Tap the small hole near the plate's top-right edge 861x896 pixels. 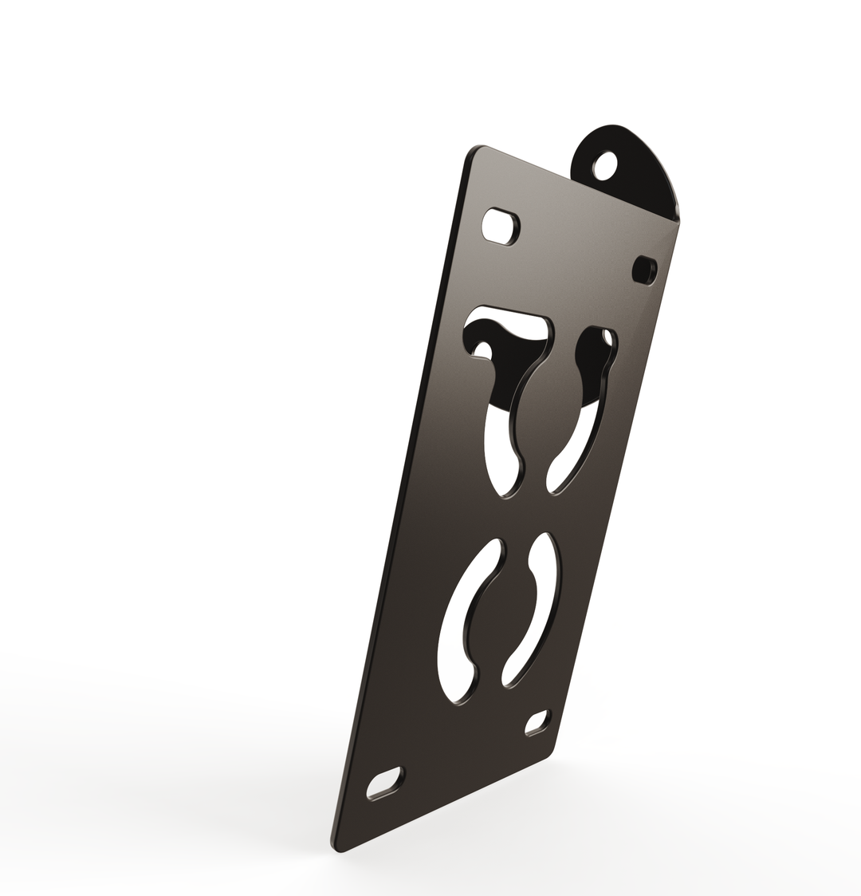pos(643,269)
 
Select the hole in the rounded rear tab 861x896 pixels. pos(605,166)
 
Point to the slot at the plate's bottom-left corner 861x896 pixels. pos(385,783)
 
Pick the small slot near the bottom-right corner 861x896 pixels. pos(537,722)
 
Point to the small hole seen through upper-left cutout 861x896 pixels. pos(482,349)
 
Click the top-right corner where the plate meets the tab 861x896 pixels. pos(677,220)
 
